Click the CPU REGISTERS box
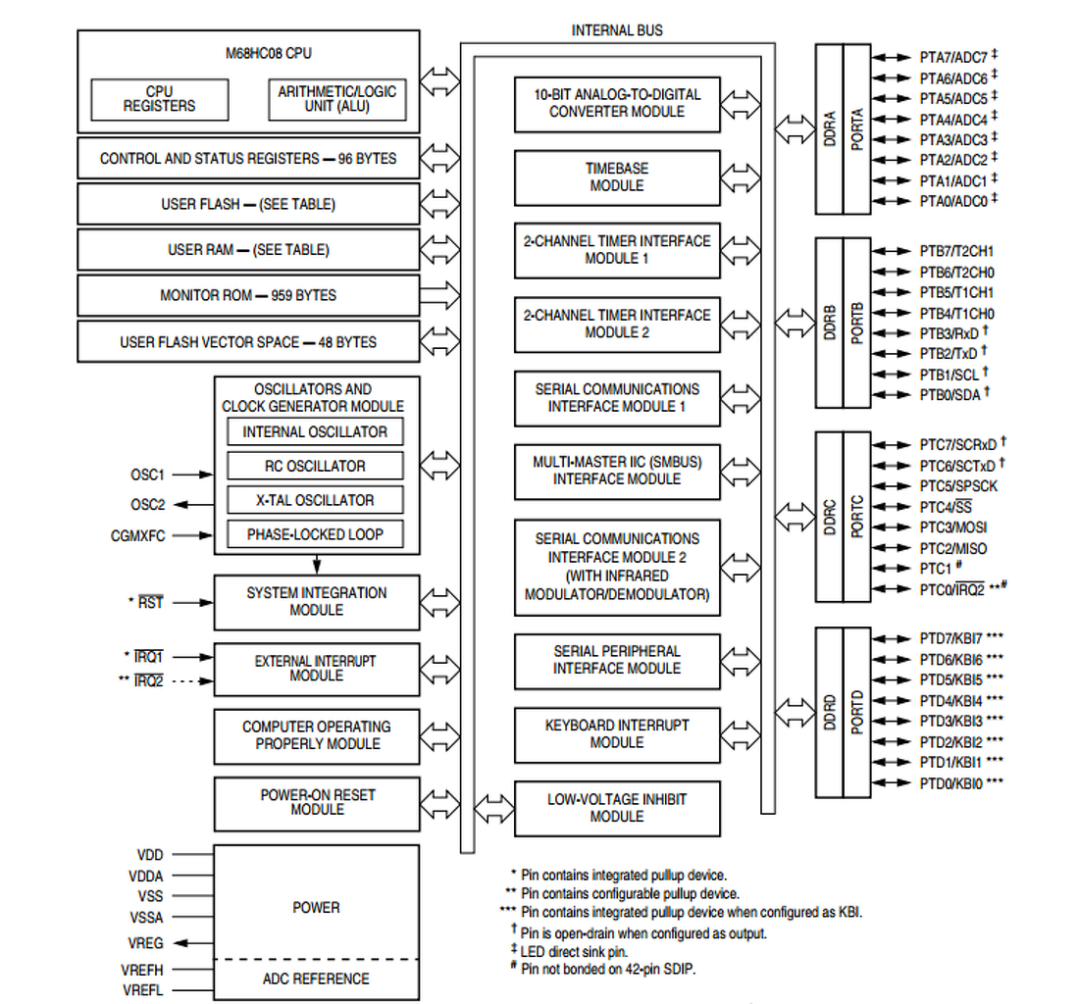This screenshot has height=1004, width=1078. (159, 98)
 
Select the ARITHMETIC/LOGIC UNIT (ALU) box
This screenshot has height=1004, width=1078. (336, 98)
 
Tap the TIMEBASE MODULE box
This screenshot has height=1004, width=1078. (616, 177)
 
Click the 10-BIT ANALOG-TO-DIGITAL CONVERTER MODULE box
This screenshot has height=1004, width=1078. (616, 103)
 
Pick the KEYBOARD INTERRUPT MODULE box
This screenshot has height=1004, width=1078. (616, 733)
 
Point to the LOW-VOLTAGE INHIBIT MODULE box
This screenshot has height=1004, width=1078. (616, 808)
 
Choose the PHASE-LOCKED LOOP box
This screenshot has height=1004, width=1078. (315, 534)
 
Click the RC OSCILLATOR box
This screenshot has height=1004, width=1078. (315, 466)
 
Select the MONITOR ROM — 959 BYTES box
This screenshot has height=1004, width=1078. (248, 295)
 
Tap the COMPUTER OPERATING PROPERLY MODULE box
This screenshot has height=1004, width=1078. (317, 735)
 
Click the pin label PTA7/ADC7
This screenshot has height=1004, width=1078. (952, 57)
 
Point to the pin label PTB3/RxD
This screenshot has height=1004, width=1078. (948, 333)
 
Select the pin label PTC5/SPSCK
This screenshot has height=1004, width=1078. (958, 485)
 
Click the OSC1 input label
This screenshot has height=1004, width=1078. (147, 475)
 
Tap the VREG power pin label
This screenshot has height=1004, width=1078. (145, 942)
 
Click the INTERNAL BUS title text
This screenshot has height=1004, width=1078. (617, 30)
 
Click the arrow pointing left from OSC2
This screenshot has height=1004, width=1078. (196, 505)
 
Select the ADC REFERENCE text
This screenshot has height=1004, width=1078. (316, 979)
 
